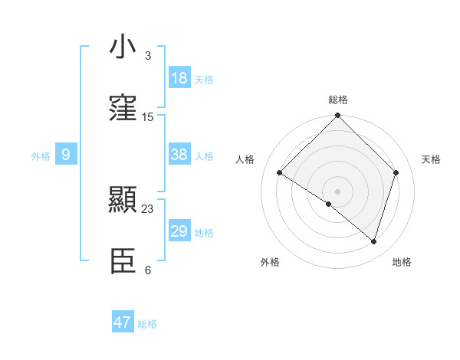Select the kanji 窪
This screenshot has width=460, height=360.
pos(123,110)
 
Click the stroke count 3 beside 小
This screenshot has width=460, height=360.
pos(147,56)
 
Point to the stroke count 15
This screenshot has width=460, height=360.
pos(148,117)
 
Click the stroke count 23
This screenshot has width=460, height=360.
pos(148,208)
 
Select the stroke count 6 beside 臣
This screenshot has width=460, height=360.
pos(147,270)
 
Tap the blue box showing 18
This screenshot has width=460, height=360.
pos(179,78)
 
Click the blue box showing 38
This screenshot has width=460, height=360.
pos(179,155)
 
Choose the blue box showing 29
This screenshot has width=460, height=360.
pos(179,231)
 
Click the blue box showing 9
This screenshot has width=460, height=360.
pos(66,155)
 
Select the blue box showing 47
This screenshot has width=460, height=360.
pos(123,322)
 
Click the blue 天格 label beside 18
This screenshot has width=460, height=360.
pos(204,80)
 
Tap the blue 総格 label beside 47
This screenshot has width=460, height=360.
pos(147,324)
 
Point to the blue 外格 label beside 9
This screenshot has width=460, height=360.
pos(41,156)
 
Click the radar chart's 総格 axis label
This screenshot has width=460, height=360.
pos(338,100)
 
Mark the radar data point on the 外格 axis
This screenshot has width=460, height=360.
pos(329,204)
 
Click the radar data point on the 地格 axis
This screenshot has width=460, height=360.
pos(373,242)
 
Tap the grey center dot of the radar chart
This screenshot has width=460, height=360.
pos(337,191)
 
